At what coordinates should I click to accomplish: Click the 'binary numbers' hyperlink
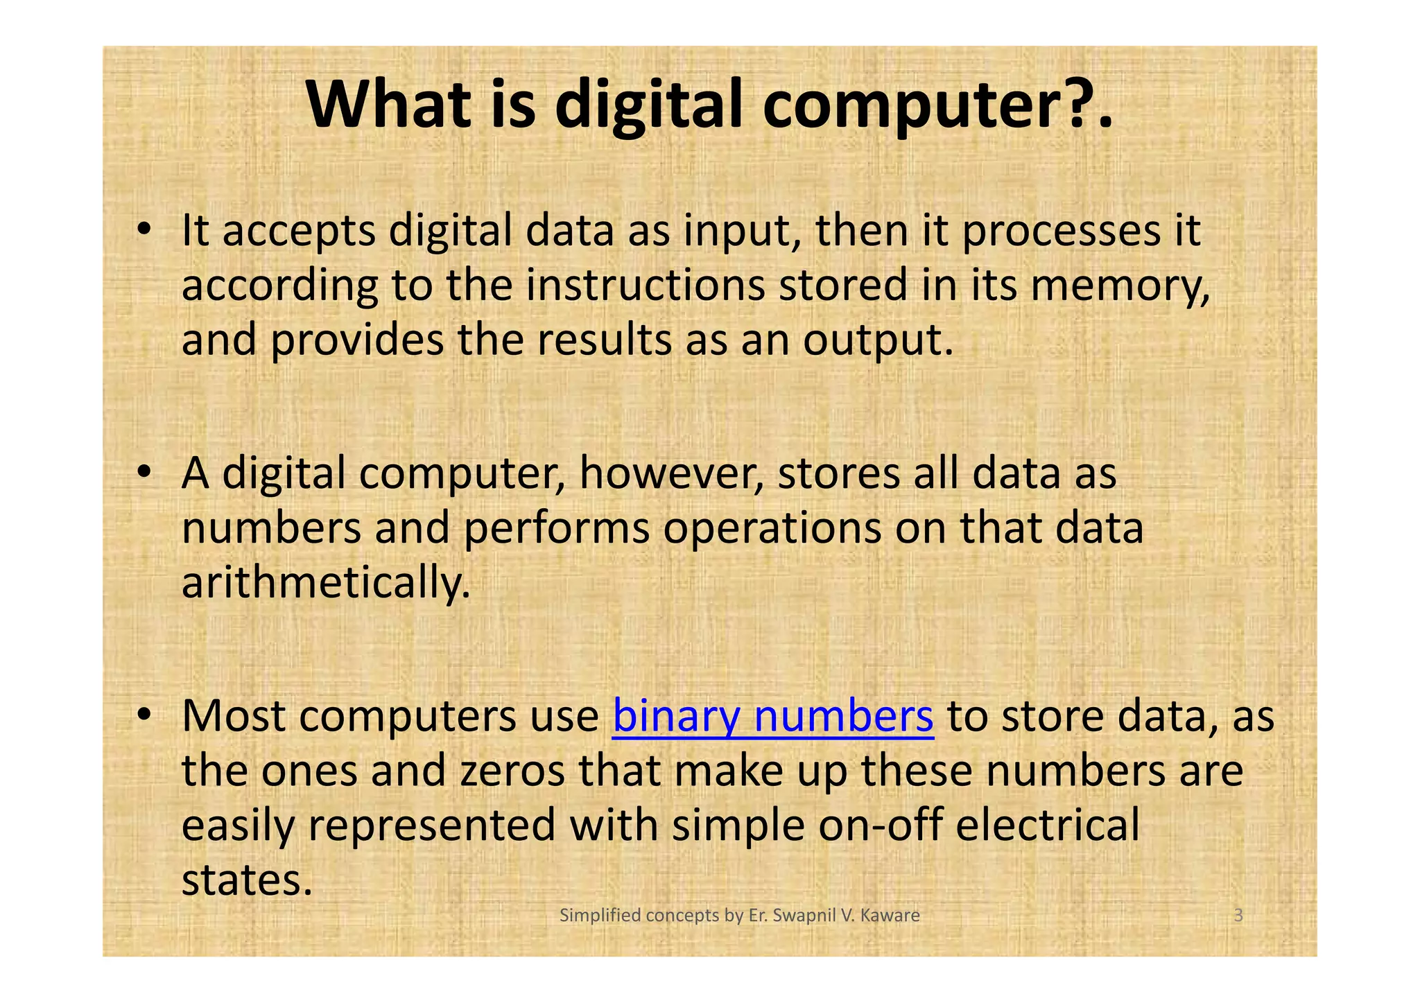click(773, 717)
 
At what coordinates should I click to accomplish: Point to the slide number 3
click(1238, 916)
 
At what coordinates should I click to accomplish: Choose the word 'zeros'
click(512, 771)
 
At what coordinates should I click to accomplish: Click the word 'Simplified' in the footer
click(600, 916)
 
